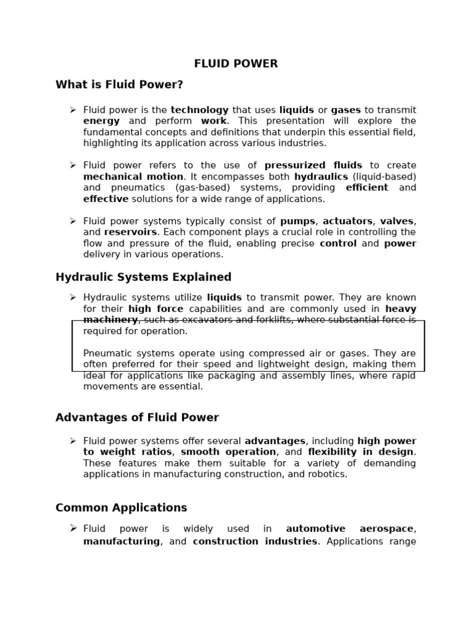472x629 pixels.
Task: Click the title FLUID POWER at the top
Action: [236, 64]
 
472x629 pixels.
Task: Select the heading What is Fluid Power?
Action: [119, 85]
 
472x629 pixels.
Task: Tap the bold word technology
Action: [199, 110]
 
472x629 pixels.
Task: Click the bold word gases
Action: [346, 110]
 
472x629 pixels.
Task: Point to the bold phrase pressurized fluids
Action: [313, 165]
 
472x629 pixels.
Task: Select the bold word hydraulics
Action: [321, 176]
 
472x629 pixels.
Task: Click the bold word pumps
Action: [297, 221]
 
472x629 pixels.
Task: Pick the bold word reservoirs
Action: [130, 232]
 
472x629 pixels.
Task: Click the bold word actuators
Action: [347, 221]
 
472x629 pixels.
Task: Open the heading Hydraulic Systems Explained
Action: [143, 277]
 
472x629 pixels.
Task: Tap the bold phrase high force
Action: [155, 309]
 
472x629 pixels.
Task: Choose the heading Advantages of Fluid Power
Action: [137, 418]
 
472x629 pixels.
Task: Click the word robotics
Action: [327, 474]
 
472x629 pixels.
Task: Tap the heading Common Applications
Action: [121, 508]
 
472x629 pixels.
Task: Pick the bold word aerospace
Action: [387, 529]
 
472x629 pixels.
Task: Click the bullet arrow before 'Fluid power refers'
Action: [73, 165]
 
